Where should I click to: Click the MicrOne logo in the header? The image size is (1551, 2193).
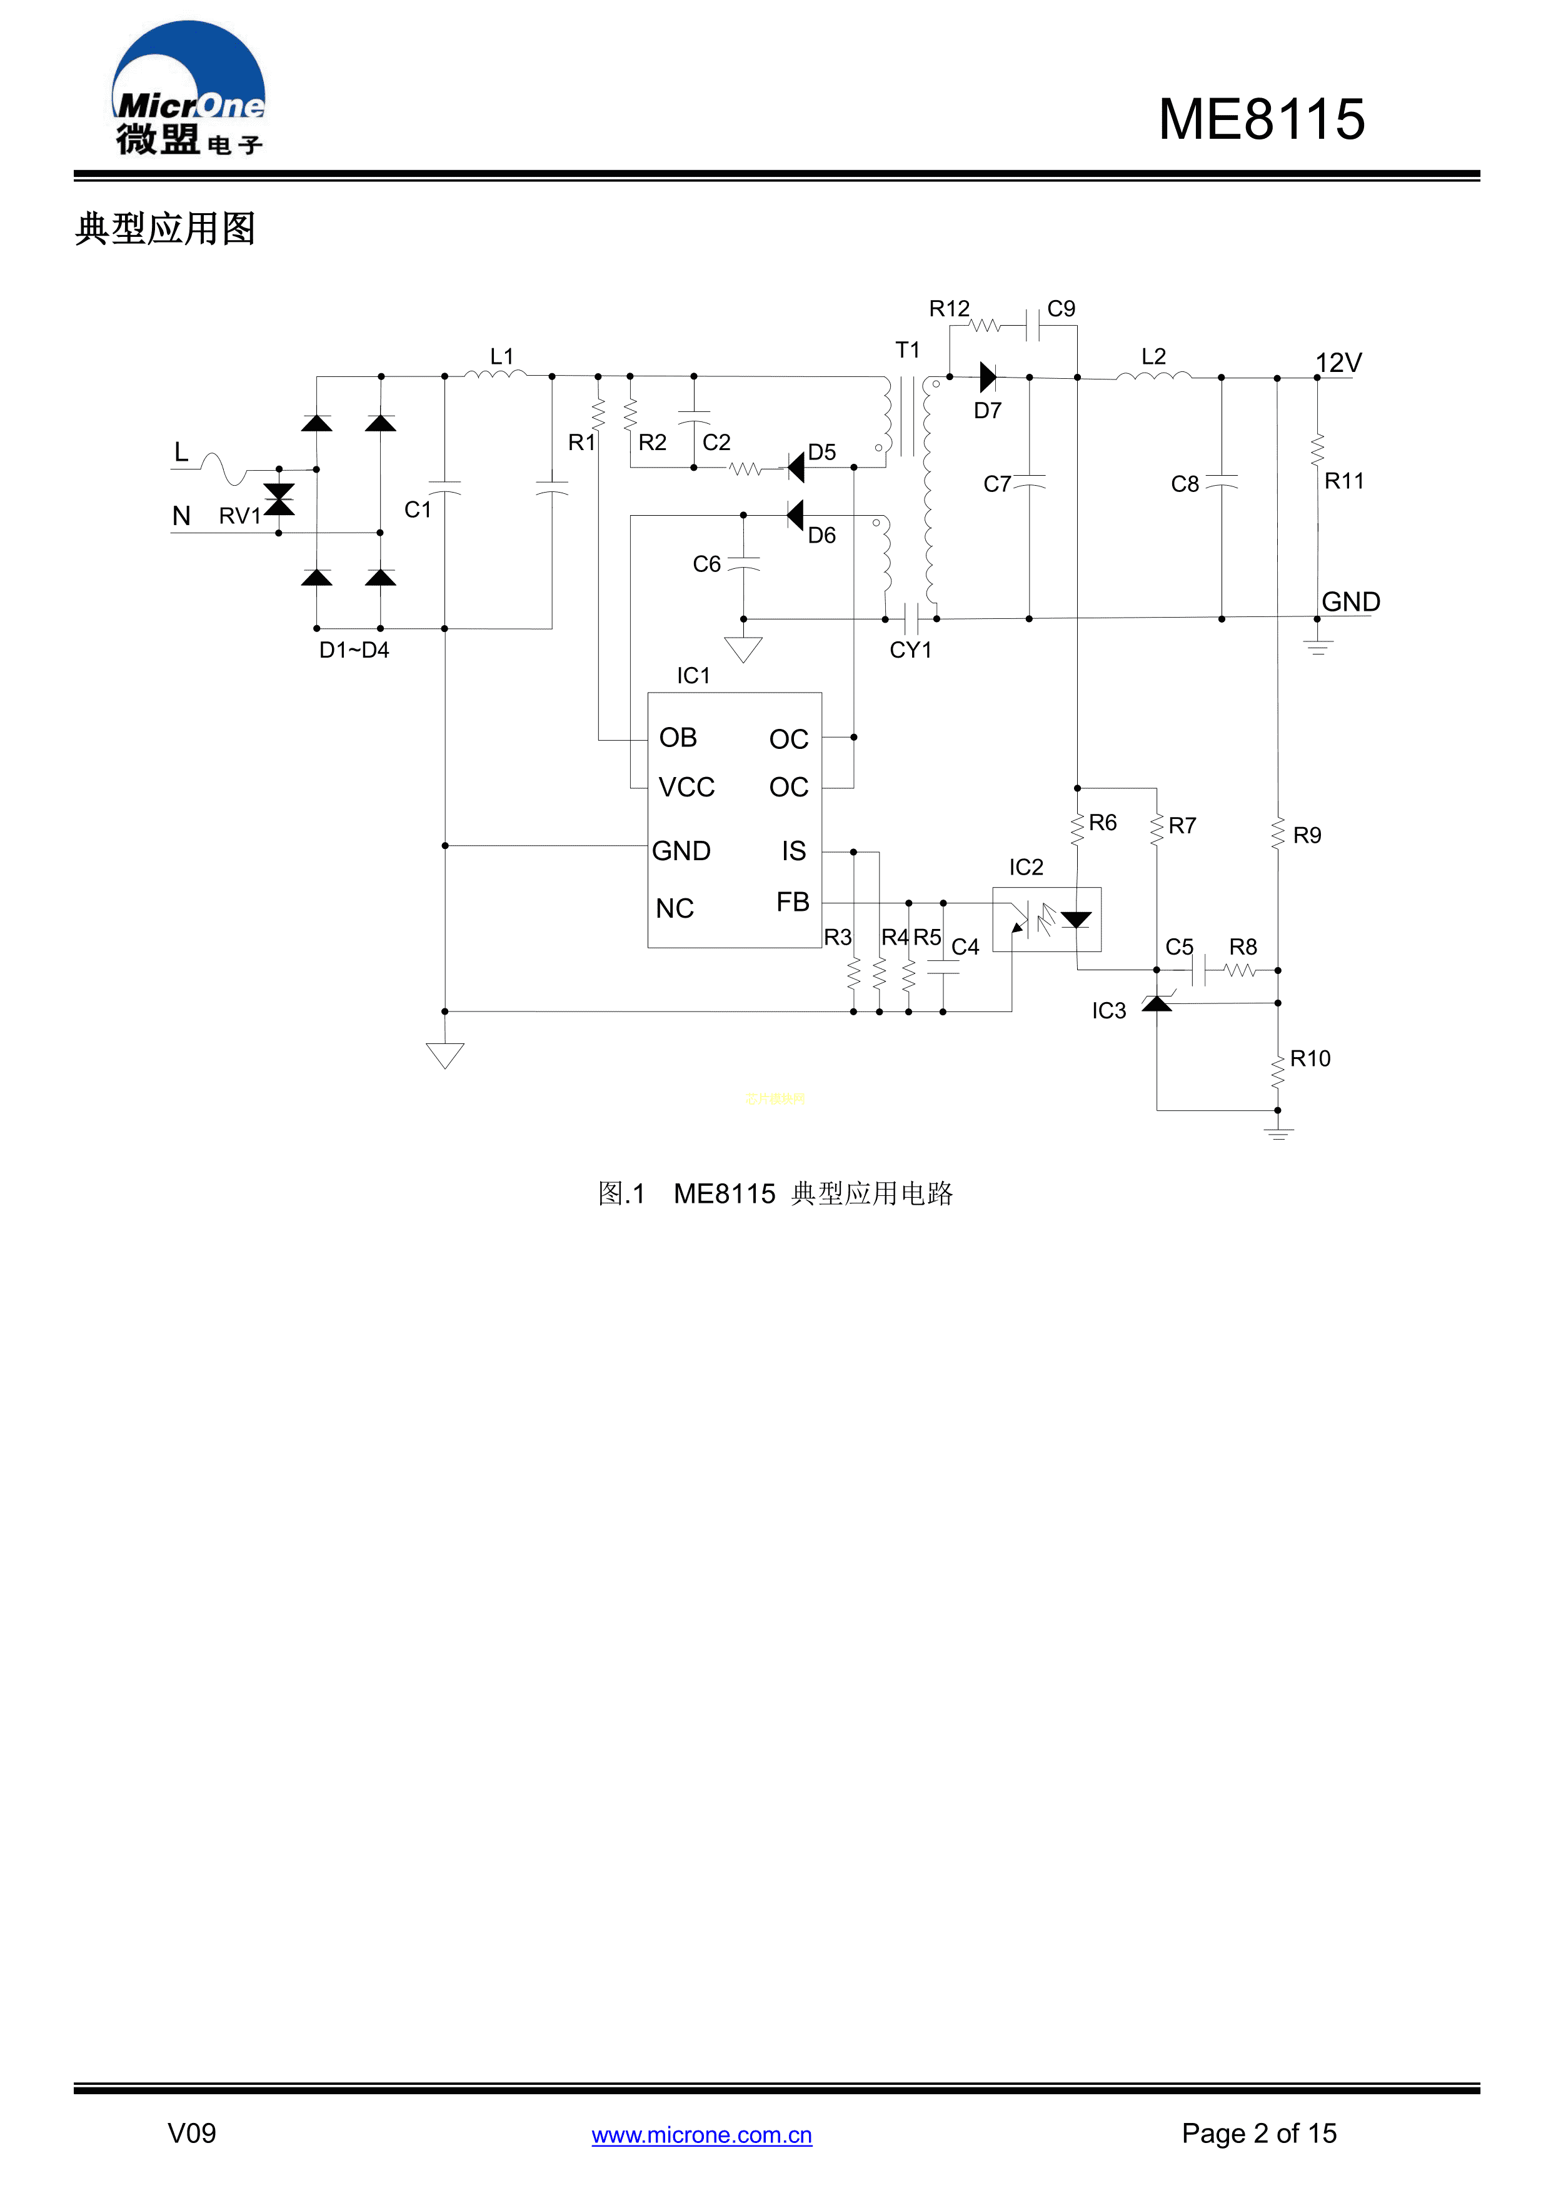point(188,89)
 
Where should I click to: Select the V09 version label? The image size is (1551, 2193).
point(191,2133)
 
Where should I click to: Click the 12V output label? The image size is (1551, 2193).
point(1337,363)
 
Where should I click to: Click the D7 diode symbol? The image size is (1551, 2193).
point(988,378)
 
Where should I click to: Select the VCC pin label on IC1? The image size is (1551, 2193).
point(686,787)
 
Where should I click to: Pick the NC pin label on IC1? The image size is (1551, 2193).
point(675,908)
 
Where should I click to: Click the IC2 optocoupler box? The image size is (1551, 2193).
point(1047,919)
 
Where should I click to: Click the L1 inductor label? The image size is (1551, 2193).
point(501,356)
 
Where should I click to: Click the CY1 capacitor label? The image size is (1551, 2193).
point(910,650)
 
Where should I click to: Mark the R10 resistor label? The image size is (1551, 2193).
point(1309,1058)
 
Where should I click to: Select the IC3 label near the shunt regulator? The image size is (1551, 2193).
point(1109,1010)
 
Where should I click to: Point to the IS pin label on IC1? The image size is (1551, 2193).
point(794,850)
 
